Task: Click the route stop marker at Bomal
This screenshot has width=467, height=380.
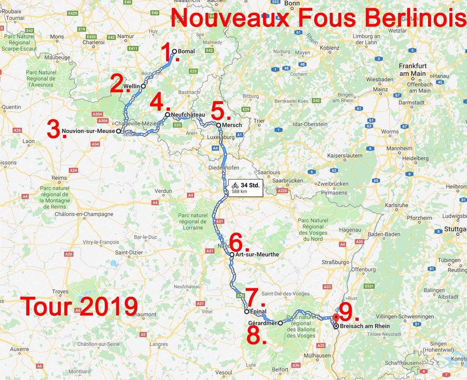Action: [x=174, y=51]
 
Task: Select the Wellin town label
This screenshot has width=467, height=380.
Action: [x=131, y=86]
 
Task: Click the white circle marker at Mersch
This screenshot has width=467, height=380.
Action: [x=218, y=125]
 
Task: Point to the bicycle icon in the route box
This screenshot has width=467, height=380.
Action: [x=235, y=185]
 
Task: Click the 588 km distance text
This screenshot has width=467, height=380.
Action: [x=240, y=192]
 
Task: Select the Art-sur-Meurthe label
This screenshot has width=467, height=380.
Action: [x=257, y=255]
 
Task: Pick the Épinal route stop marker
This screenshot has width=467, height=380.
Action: [x=246, y=312]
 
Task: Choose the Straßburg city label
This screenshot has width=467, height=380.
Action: [x=336, y=262]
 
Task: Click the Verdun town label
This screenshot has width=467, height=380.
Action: [x=163, y=191]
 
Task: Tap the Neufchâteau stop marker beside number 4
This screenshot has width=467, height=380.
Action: [x=167, y=115]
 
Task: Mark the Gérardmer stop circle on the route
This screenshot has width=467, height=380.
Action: [x=280, y=323]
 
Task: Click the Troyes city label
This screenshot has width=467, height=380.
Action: [x=60, y=292]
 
